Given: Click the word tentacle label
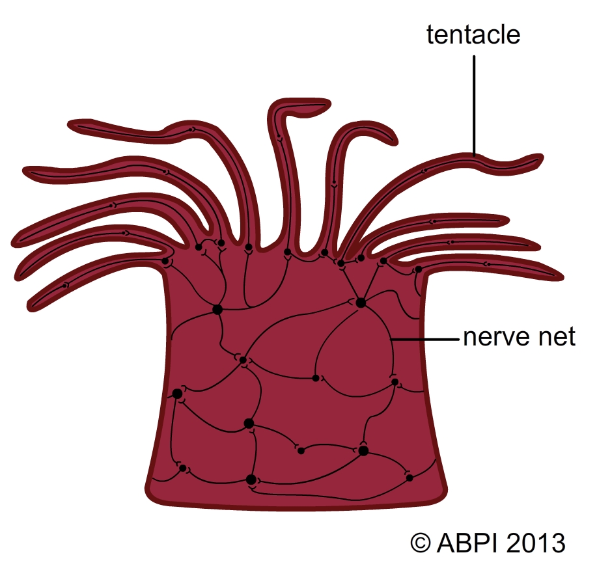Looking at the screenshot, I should [473, 34].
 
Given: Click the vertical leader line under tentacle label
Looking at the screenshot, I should [474, 104].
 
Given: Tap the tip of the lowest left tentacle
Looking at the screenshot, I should [34, 302].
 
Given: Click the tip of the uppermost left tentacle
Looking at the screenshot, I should [73, 124].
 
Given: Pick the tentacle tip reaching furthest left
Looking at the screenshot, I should [16, 239].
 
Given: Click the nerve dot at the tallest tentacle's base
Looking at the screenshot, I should [287, 252].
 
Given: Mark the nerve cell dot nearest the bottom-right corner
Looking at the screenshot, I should [410, 478].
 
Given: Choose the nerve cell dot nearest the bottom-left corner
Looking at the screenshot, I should [183, 468].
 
